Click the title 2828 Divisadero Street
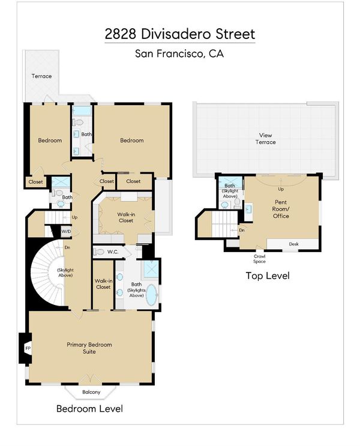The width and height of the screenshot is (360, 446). pyautogui.click(x=180, y=34)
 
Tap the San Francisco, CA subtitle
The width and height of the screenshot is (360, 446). pyautogui.click(x=179, y=53)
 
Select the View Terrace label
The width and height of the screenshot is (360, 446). pyautogui.click(x=265, y=139)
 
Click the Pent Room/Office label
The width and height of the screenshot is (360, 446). pyautogui.click(x=281, y=209)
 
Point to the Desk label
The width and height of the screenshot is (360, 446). pyautogui.click(x=294, y=244)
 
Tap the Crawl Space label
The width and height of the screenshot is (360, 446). pyautogui.click(x=259, y=259)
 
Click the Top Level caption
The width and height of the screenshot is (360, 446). pyautogui.click(x=268, y=276)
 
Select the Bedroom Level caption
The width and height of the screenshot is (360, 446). pyautogui.click(x=89, y=408)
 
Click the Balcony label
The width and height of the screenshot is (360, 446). pyautogui.click(x=91, y=392)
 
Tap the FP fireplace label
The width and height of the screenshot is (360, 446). pyautogui.click(x=28, y=348)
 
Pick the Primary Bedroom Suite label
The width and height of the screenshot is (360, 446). pyautogui.click(x=89, y=348)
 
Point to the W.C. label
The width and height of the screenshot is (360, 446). pyautogui.click(x=113, y=252)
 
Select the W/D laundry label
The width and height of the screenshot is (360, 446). pyautogui.click(x=66, y=232)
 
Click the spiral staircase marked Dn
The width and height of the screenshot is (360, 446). pyautogui.click(x=48, y=273)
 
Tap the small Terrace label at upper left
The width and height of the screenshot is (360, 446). pyautogui.click(x=41, y=76)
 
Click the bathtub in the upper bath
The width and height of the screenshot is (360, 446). pyautogui.click(x=81, y=110)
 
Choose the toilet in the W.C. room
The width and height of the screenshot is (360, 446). pyautogui.click(x=98, y=252)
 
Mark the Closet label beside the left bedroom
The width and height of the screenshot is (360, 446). pyautogui.click(x=35, y=182)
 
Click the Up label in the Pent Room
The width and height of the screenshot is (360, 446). pyautogui.click(x=281, y=189)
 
